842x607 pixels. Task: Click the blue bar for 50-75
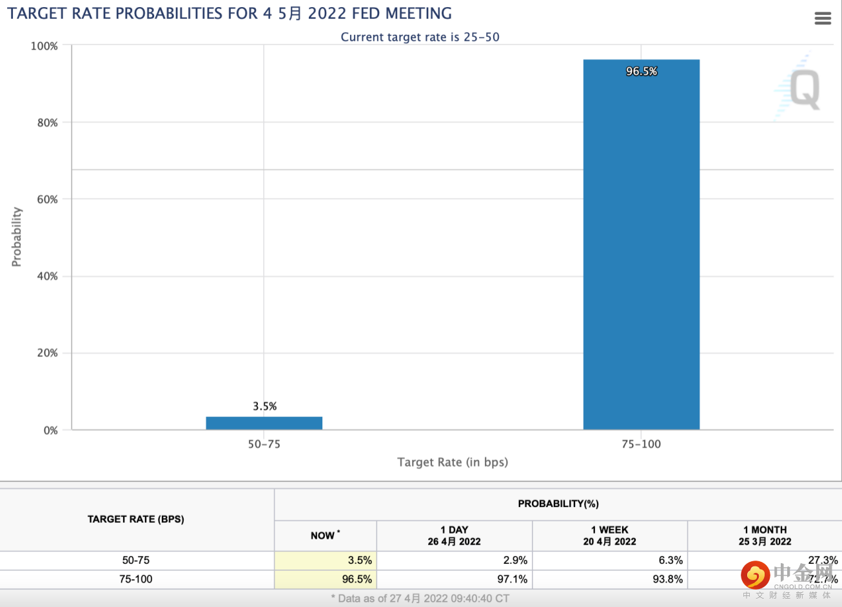click(264, 423)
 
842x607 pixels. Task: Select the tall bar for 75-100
click(641, 245)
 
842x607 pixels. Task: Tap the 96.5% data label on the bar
click(641, 72)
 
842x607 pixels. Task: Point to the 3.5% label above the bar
click(264, 406)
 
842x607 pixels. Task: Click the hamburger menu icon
click(823, 19)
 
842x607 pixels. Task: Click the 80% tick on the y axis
click(47, 122)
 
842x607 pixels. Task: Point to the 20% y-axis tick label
click(47, 353)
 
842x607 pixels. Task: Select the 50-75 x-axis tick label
click(264, 444)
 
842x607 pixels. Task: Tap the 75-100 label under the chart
click(641, 444)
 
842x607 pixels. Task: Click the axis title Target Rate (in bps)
click(453, 462)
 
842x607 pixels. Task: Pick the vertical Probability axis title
click(17, 236)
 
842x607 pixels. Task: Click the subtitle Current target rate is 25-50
click(420, 37)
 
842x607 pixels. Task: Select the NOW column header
click(324, 535)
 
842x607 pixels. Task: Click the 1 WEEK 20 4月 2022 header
click(609, 535)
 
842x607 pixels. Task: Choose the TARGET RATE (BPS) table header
click(136, 519)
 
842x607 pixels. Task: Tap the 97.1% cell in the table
click(512, 579)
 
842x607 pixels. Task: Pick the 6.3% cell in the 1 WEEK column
click(671, 561)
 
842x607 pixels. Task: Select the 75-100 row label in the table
click(136, 579)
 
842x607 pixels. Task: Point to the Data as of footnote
click(420, 599)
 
